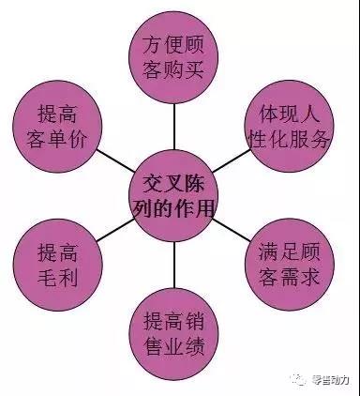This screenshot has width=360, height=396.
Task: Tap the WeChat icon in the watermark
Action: (x=299, y=378)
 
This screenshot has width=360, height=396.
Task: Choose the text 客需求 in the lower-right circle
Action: (x=292, y=279)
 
